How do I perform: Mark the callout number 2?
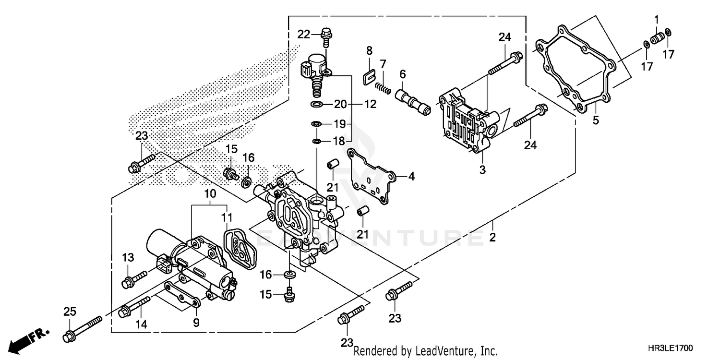pyautogui.click(x=492, y=238)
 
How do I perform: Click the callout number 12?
pyautogui.click(x=370, y=104)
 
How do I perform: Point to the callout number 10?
pyautogui.click(x=210, y=194)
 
